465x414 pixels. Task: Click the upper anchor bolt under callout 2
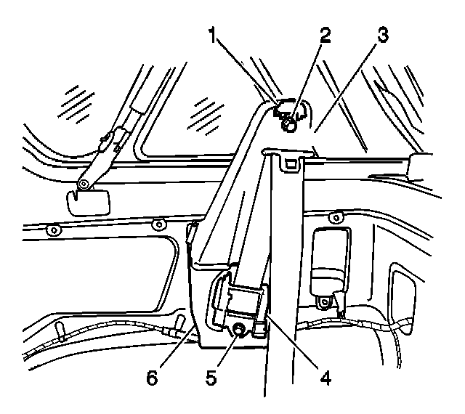(x=288, y=126)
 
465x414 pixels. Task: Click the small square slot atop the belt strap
(x=289, y=163)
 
